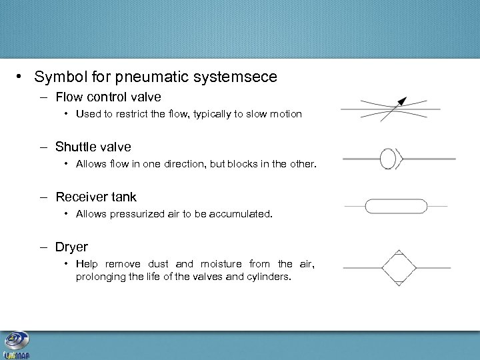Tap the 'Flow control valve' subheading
tap(108, 97)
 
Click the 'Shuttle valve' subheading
tap(93, 147)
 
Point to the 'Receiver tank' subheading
tap(96, 197)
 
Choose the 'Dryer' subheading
tap(71, 247)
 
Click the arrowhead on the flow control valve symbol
tap(401, 101)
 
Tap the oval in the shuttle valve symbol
tap(387, 159)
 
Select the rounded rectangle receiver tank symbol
tap(396, 206)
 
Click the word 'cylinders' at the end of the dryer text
tap(269, 277)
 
